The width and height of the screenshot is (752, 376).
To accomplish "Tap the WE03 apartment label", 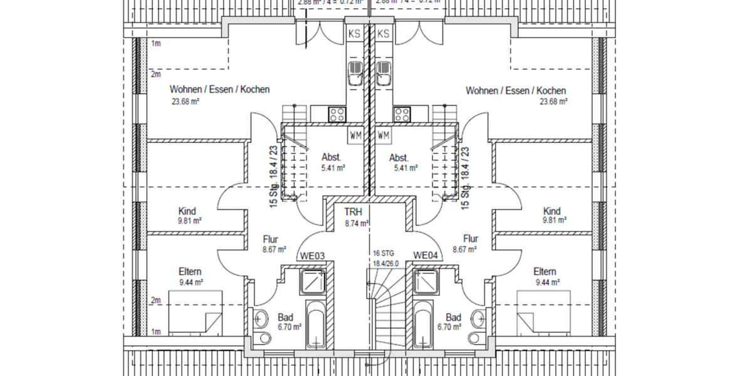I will coord(311,256).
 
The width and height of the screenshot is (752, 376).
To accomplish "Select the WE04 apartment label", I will coord(424,256).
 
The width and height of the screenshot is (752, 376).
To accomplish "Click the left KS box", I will coord(354,34).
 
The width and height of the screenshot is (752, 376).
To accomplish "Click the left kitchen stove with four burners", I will coord(337,114).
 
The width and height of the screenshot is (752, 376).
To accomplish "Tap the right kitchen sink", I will coord(384,73).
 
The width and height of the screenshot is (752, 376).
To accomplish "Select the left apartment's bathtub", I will coord(316,324).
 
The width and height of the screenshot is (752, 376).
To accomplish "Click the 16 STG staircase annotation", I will coord(382,253).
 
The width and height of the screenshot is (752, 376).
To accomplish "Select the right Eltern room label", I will coord(545,271).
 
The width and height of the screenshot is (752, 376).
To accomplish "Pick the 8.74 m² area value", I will coord(356,222).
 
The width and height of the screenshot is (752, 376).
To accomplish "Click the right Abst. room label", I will coord(399,157).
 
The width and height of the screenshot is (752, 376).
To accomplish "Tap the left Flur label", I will coord(271,239).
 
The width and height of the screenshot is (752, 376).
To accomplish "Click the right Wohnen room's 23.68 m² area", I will coord(553,101).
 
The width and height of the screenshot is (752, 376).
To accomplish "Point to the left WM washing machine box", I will coord(355,135).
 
